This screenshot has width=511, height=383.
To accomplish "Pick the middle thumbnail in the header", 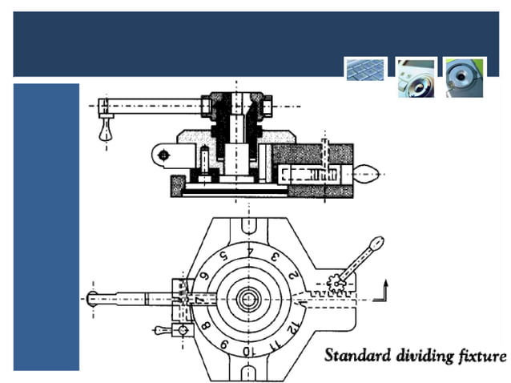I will [x=416, y=77].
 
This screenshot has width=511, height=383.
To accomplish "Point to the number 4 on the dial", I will [x=249, y=250].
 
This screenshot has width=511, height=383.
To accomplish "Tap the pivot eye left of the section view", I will [x=163, y=154].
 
